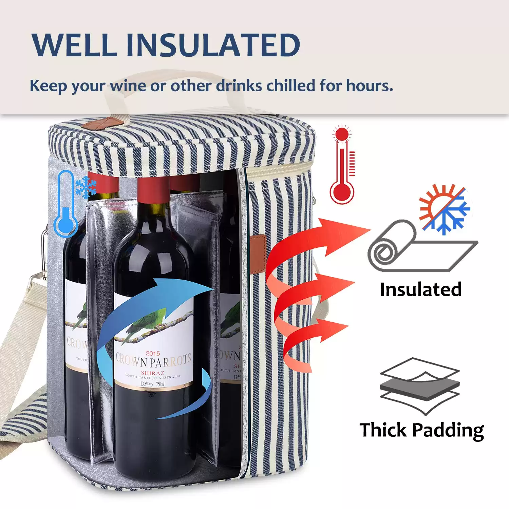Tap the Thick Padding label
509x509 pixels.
pyautogui.click(x=422, y=430)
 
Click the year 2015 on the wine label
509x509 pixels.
pyautogui.click(x=153, y=353)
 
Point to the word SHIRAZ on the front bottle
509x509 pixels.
pyautogui.click(x=153, y=373)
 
